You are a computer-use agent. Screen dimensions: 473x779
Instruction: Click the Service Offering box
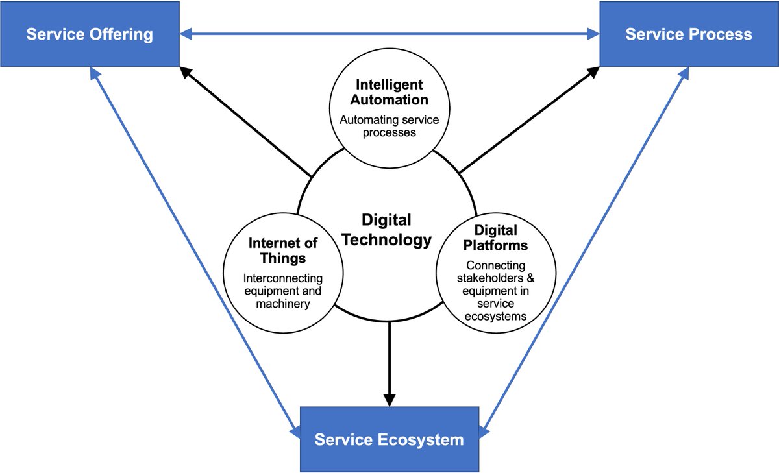[x=90, y=33]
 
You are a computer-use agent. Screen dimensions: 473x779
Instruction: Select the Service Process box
[x=689, y=33]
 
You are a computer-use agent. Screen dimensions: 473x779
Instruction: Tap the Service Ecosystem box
[x=389, y=439]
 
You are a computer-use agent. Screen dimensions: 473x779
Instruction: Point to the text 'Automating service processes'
[x=389, y=126]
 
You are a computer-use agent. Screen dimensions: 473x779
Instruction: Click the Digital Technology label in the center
[x=386, y=230]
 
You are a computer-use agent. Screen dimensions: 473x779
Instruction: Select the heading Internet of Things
[x=283, y=250]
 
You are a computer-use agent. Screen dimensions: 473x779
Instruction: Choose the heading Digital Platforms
[x=495, y=237]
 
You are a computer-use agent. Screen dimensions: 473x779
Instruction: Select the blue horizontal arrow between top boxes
[x=389, y=33]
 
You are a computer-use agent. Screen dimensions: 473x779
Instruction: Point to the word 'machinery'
[x=282, y=304]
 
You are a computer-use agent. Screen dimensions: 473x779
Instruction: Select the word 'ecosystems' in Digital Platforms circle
[x=495, y=317]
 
